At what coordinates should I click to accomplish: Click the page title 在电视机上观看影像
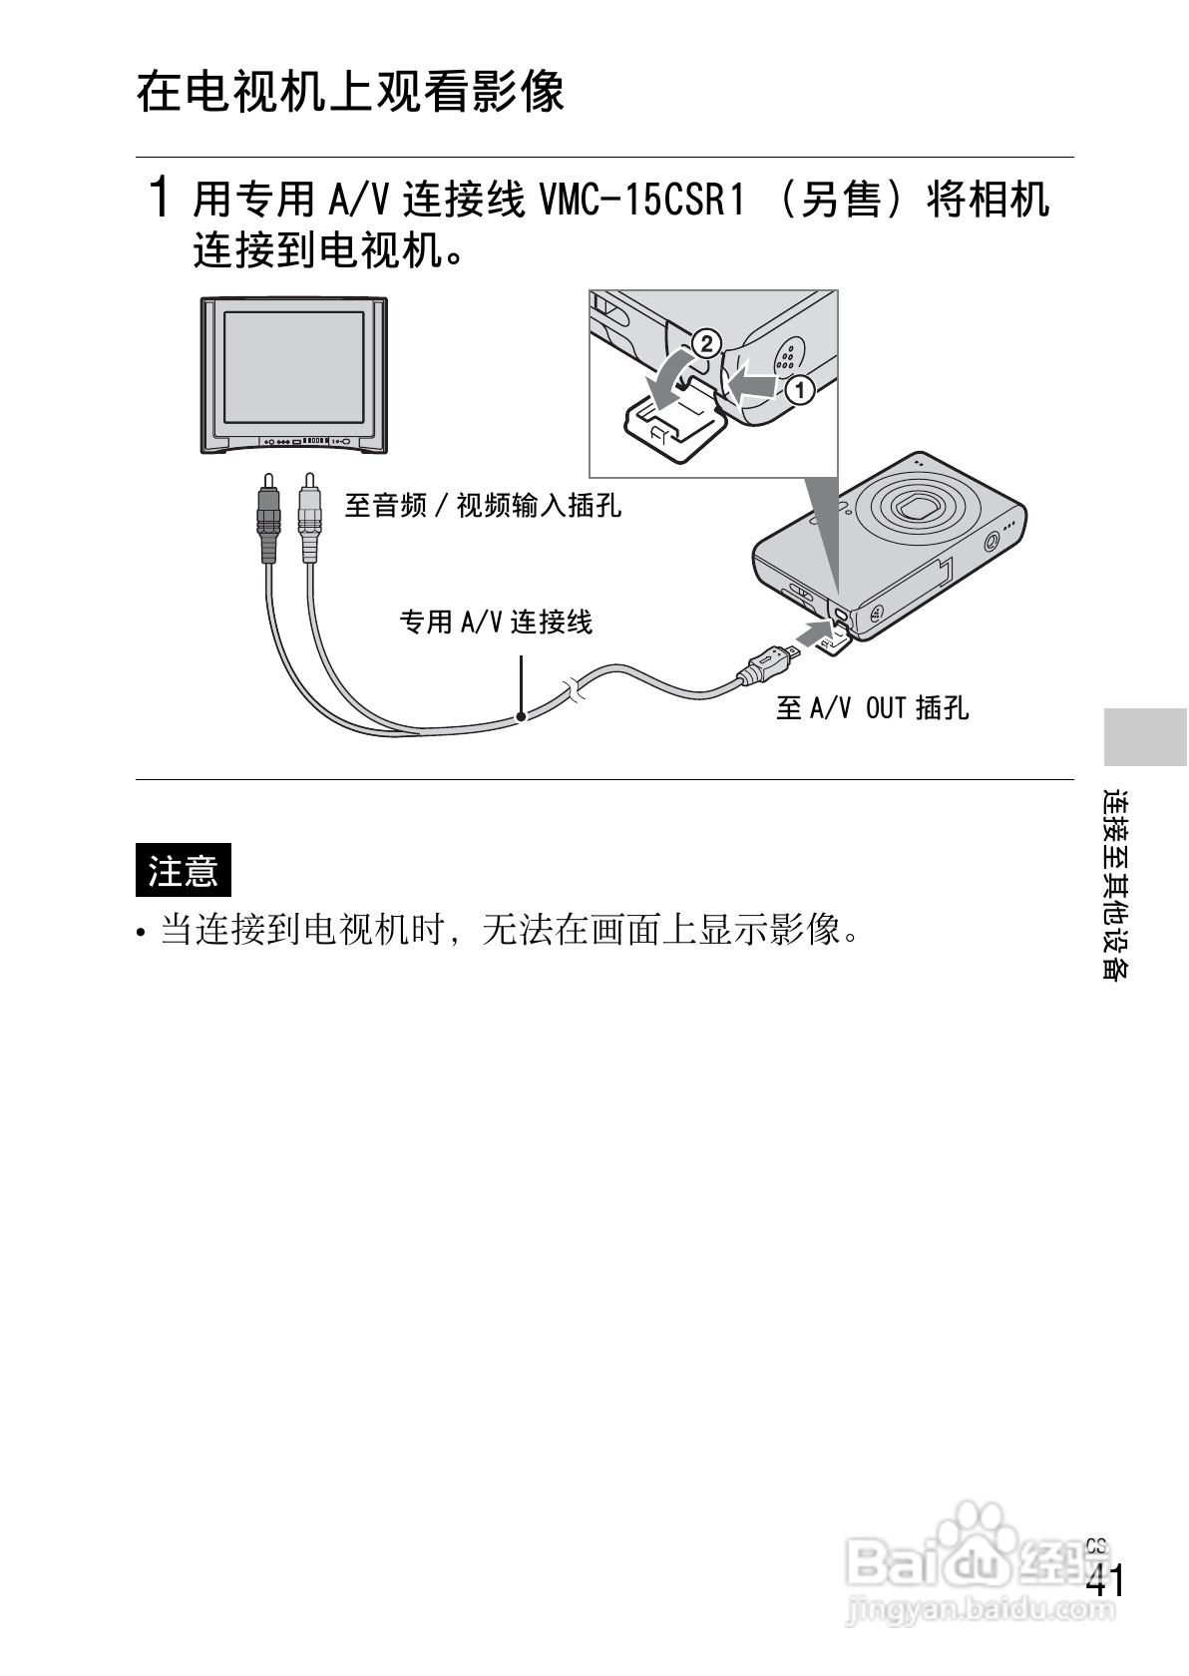(350, 92)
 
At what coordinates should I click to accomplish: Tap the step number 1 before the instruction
(158, 198)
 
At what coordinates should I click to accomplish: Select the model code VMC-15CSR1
(642, 201)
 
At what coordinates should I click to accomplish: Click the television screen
(293, 365)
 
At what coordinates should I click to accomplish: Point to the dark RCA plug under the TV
(267, 519)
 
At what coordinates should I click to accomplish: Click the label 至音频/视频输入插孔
(483, 506)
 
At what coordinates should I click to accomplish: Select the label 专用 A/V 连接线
(496, 623)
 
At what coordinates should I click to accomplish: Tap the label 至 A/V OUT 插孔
(872, 708)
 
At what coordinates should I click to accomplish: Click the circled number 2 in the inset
(704, 343)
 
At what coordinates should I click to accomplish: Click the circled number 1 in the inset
(799, 389)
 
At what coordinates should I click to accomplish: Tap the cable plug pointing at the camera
(767, 662)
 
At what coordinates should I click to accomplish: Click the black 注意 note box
(183, 870)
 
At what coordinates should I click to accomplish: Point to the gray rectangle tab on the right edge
(1145, 735)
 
